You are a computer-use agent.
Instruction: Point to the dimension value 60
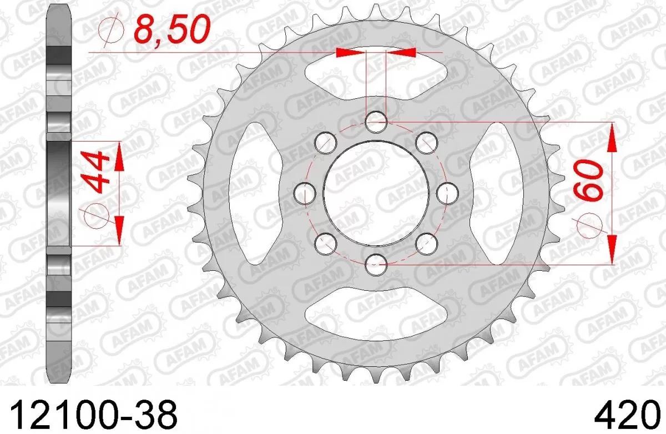[x=587, y=184]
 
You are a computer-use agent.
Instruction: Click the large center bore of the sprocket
[x=376, y=191]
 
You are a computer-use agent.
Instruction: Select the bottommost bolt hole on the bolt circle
[x=376, y=261]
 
